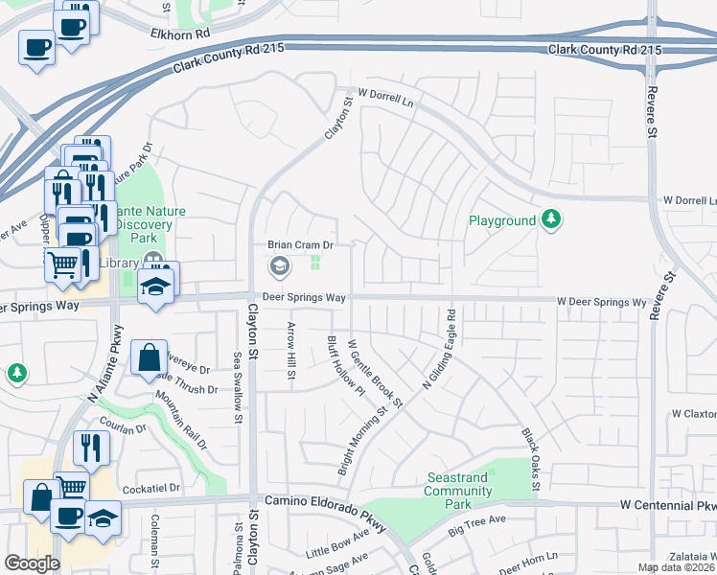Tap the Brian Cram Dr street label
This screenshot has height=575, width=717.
[x=300, y=245]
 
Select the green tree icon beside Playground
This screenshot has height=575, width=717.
[x=550, y=220]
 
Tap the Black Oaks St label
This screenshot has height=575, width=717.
[x=530, y=459]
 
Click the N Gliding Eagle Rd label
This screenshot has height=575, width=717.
[x=439, y=351]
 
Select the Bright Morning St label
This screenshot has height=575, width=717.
[x=360, y=440]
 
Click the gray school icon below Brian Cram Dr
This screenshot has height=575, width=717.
[x=280, y=267]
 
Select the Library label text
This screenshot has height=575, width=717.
[x=119, y=263]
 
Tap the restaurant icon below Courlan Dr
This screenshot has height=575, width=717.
[x=91, y=447]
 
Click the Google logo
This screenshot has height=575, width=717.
[x=32, y=563]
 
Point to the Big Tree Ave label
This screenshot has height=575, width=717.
[x=477, y=524]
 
